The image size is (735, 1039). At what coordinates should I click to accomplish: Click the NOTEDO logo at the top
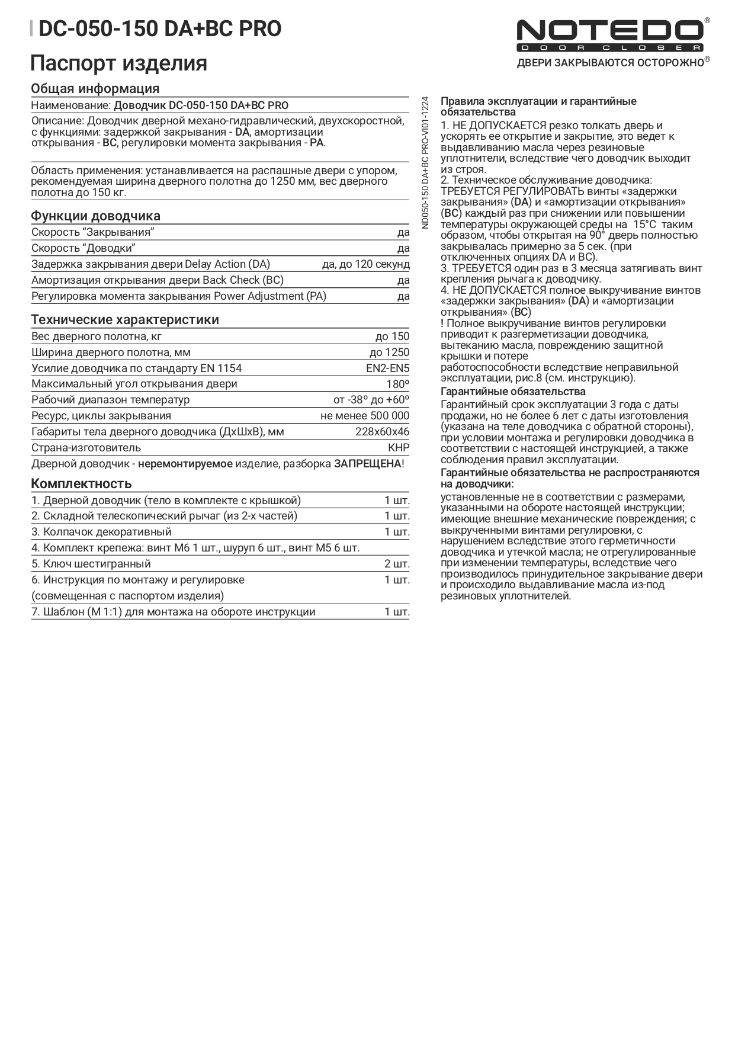click(x=609, y=34)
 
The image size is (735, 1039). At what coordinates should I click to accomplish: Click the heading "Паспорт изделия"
click(x=119, y=63)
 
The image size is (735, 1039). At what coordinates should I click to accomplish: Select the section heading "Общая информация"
click(x=95, y=89)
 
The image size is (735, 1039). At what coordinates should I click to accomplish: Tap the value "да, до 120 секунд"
click(x=365, y=264)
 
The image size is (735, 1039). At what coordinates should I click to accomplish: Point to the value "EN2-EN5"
click(x=387, y=368)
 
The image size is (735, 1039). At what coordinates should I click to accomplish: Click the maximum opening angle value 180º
click(x=397, y=384)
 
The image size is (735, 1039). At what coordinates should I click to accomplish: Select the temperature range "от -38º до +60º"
click(x=371, y=400)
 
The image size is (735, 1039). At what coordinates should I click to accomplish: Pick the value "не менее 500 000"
click(x=364, y=416)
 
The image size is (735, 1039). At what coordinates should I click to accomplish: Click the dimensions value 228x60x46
click(x=382, y=432)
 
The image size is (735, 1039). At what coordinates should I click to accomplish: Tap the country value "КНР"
click(x=399, y=448)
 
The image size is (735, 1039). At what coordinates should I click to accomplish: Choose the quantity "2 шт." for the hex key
click(x=397, y=564)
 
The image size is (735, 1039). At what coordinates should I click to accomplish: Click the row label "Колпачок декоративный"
click(x=107, y=532)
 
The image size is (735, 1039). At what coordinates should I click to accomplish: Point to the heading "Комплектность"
click(x=81, y=483)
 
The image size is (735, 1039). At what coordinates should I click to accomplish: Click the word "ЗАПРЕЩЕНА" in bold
click(x=367, y=464)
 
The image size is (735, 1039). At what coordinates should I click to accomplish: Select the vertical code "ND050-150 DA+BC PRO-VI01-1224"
click(x=425, y=162)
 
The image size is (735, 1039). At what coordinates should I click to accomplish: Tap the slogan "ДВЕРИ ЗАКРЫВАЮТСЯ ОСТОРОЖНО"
click(x=610, y=63)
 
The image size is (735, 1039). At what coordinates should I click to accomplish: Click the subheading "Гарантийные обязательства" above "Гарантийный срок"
click(x=513, y=392)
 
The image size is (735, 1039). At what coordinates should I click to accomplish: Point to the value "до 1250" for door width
click(x=389, y=352)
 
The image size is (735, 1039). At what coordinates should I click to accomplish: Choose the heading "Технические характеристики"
click(x=125, y=320)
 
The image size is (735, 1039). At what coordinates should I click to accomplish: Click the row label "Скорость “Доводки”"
click(x=84, y=248)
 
